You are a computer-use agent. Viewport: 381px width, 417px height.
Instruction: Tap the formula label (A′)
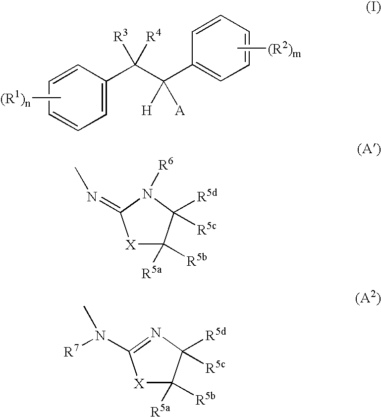pos(368,150)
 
